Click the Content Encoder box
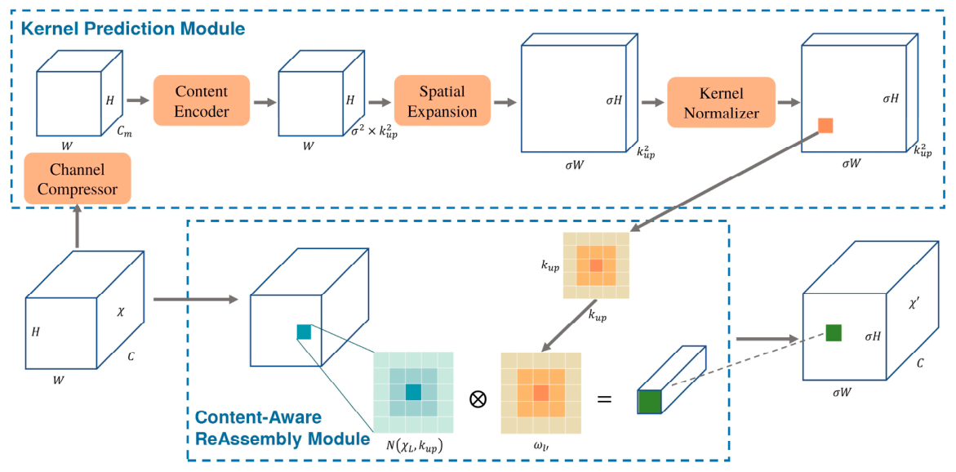pyautogui.click(x=201, y=100)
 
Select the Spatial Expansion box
pyautogui.click(x=442, y=100)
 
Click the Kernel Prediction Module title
pyautogui.click(x=133, y=28)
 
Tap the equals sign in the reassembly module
pyautogui.click(x=603, y=400)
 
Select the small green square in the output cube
pyautogui.click(x=834, y=333)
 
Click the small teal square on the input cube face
pyautogui.click(x=304, y=332)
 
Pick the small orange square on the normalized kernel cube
pyautogui.click(x=825, y=126)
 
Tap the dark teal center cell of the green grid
pyautogui.click(x=413, y=392)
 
